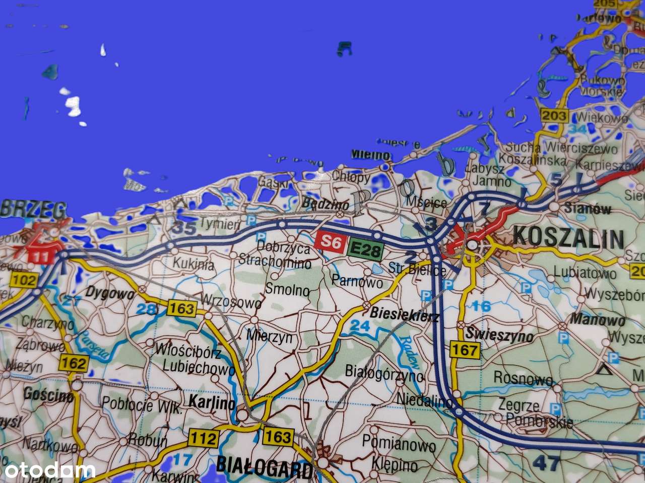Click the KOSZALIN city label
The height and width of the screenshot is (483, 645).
[x=568, y=238]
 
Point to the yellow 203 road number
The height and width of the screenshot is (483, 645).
[x=555, y=116]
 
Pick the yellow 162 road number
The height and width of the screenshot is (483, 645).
[x=75, y=362]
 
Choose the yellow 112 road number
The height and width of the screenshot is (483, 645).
[x=204, y=439]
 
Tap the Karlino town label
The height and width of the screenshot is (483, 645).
[x=212, y=403]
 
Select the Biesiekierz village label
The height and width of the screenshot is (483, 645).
[x=405, y=315]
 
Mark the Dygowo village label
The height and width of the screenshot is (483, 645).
[x=110, y=292]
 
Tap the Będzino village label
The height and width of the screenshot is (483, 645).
[x=325, y=204]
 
